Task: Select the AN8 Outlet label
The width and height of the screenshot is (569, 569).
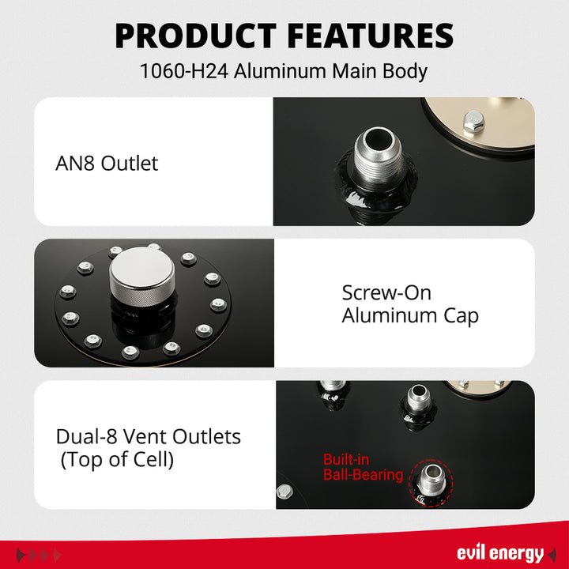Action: [x=107, y=164]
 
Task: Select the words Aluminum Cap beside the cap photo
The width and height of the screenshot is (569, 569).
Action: [x=410, y=316]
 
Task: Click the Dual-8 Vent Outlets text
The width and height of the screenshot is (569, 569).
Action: [x=149, y=436]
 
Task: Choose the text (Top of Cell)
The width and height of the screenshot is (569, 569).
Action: [x=117, y=460]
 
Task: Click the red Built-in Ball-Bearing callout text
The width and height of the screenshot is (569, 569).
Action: [x=363, y=468]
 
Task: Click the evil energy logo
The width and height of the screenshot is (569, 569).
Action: [x=500, y=553]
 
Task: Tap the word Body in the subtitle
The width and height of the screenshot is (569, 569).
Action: [x=408, y=71]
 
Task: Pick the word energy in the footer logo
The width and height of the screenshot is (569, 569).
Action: [x=518, y=553]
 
